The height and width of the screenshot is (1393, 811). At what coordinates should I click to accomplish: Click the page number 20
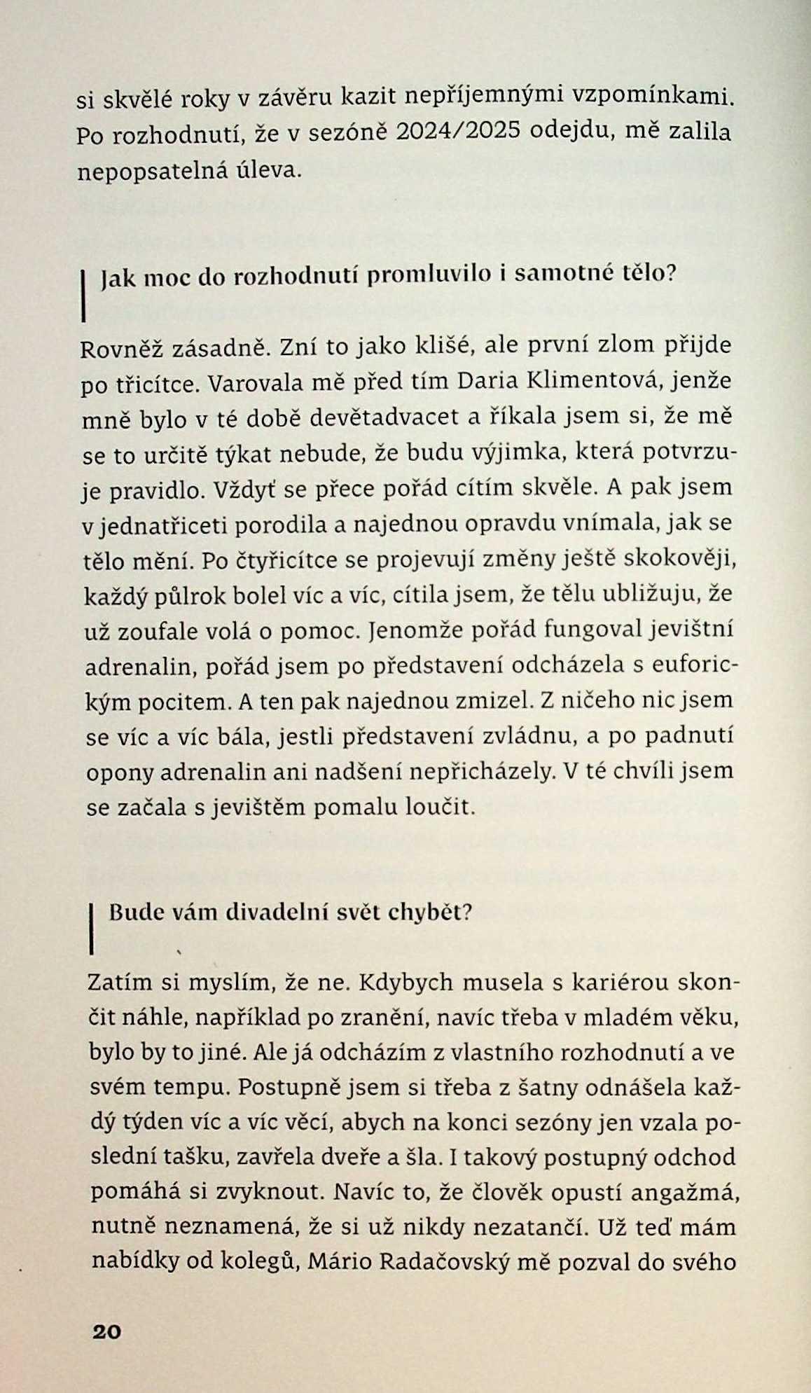[106, 1331]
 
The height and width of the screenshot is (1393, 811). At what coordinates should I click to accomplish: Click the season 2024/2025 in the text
[458, 131]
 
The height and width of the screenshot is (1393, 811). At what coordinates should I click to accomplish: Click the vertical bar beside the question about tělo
[83, 297]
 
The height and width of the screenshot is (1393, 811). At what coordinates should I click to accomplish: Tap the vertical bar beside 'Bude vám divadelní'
[92, 929]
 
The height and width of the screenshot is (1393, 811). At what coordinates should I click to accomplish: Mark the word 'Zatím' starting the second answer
[120, 982]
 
